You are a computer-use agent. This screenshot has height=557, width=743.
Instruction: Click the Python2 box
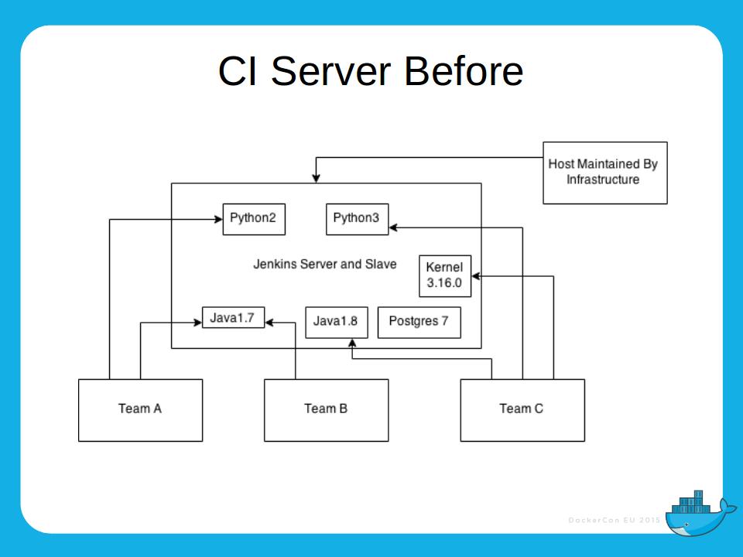[253, 219]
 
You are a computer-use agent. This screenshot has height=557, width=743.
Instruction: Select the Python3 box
[357, 219]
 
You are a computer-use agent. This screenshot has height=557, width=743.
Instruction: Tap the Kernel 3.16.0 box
[444, 275]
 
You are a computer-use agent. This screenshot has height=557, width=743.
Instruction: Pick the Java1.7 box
[233, 317]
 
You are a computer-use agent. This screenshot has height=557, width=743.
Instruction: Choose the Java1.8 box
[336, 322]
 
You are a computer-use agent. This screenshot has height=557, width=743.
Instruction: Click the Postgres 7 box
[419, 322]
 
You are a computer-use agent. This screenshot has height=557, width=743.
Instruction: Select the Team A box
[140, 410]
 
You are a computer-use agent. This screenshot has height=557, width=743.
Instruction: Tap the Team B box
[326, 410]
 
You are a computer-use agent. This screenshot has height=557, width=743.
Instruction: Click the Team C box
[522, 410]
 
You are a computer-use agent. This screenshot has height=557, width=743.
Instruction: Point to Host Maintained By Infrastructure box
[604, 173]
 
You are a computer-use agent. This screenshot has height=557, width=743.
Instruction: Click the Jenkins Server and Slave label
[325, 265]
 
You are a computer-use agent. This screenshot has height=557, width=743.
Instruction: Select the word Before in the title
[464, 71]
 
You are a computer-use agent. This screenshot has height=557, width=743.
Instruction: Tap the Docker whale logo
[697, 512]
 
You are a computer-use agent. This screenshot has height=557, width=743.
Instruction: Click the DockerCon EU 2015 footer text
[614, 520]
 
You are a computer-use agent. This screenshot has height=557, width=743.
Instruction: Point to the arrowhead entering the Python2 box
[217, 220]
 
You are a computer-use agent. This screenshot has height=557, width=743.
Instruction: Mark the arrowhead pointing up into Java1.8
[352, 343]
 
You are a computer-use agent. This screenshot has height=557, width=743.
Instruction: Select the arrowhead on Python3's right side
[393, 227]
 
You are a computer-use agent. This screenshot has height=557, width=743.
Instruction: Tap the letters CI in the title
[239, 71]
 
